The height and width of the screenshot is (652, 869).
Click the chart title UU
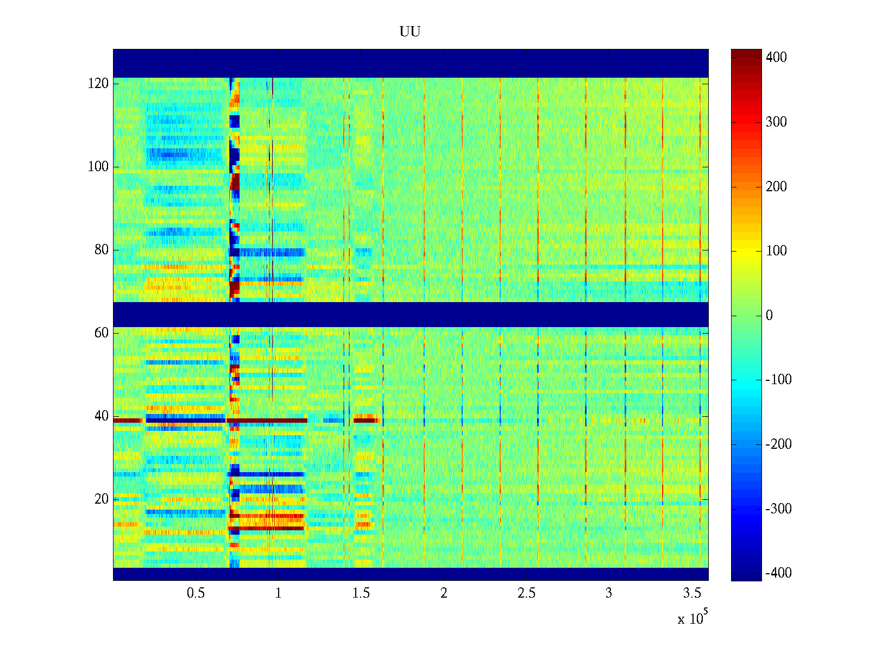[x=410, y=32]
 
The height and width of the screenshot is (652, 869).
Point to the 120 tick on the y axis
[x=98, y=84]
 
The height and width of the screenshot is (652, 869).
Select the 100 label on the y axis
[x=98, y=167]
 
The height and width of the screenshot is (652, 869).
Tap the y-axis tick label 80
[x=102, y=250]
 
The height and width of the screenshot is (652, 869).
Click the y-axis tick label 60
[x=102, y=333]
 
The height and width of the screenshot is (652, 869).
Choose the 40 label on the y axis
[x=102, y=416]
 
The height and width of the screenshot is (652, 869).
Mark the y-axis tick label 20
[x=102, y=499]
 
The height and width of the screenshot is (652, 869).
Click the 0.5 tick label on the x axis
[x=196, y=593]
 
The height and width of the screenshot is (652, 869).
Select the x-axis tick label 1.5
[x=361, y=593]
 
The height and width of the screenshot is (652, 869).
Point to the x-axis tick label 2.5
[x=526, y=593]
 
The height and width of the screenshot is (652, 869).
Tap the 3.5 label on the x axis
[x=692, y=593]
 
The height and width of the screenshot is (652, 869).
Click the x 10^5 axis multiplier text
[x=692, y=618]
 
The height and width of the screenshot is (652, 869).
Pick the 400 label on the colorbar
[x=776, y=58]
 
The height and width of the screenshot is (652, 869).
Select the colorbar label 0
[x=769, y=316]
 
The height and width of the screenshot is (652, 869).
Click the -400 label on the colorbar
[x=778, y=573]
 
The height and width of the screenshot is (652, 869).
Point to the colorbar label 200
[x=776, y=187]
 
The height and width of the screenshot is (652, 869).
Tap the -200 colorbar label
[x=778, y=444]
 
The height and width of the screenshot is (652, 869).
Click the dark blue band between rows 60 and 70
[x=411, y=314]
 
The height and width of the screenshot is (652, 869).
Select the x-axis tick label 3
[x=609, y=593]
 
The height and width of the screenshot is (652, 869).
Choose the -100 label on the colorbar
[x=778, y=380]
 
